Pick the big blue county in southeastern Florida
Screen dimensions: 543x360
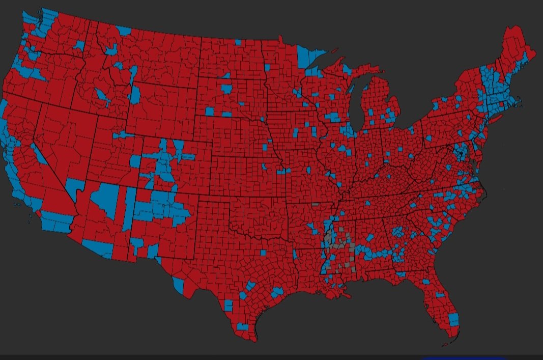[453, 319]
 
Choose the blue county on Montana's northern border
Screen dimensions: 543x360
[124, 31]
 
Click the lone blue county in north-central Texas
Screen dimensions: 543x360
[263, 254]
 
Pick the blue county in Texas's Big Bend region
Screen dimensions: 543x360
[178, 283]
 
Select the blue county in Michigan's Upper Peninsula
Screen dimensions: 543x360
[348, 69]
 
